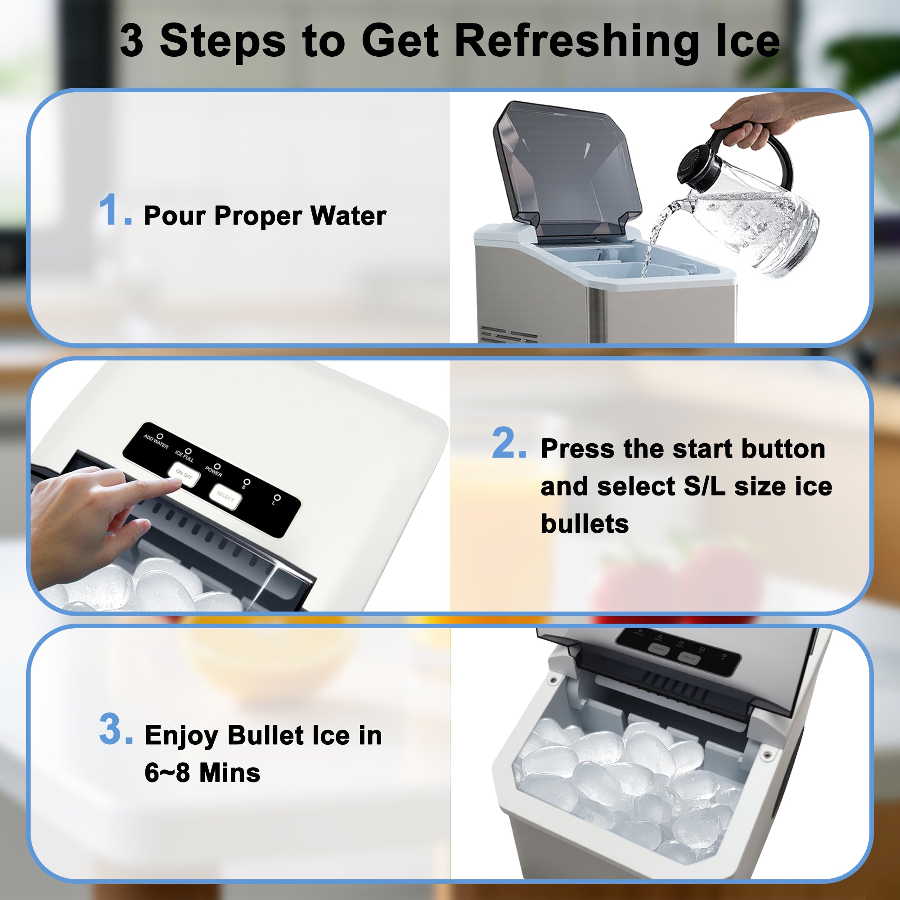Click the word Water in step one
pos(348,216)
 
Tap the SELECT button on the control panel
pos(225,497)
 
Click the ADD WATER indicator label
pos(156,442)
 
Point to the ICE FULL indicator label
pos(184,456)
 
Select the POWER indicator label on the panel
pos(214,471)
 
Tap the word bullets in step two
pos(585,524)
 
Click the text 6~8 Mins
pos(202,773)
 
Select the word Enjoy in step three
pos(181,736)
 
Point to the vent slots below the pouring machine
pos(508,334)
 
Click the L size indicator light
pos(277,498)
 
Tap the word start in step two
pos(703,450)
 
